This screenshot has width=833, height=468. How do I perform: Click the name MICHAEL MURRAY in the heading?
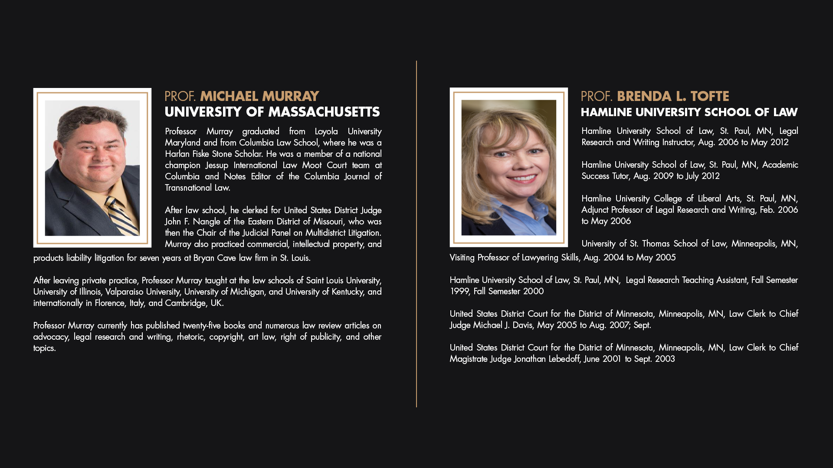point(259,96)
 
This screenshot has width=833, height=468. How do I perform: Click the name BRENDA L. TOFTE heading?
point(673,96)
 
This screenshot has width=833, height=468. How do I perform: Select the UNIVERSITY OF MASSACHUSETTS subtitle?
point(272,112)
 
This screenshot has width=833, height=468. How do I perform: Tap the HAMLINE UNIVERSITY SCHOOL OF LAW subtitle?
point(689,112)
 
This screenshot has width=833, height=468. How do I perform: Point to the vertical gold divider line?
point(416,234)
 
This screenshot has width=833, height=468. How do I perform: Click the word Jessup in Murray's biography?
point(216,165)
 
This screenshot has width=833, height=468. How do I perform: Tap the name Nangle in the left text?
point(207,221)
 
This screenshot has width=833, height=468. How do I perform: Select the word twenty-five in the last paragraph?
point(202,325)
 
